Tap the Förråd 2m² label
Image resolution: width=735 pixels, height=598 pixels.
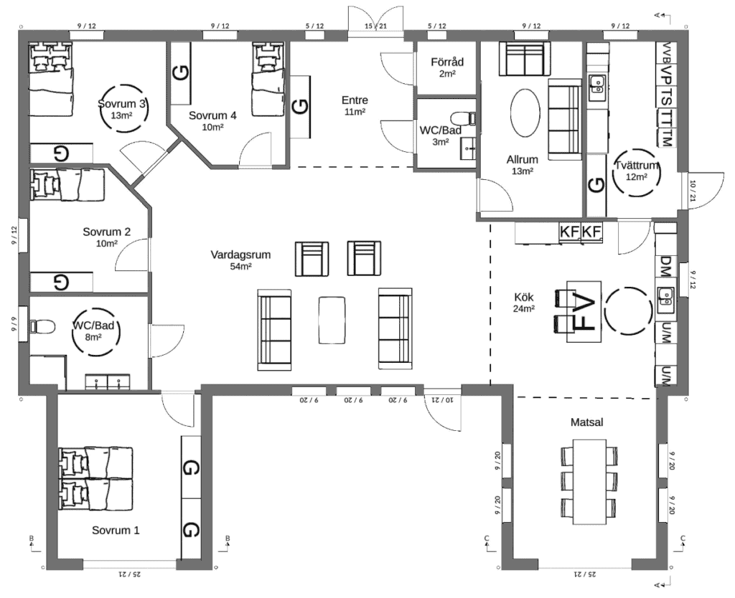447,67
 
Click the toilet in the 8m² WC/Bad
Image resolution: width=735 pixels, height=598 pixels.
42,326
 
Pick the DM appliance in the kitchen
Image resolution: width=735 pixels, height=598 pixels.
665,266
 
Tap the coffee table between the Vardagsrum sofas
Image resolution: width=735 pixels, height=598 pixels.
332,320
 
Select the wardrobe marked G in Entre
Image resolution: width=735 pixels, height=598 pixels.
301,106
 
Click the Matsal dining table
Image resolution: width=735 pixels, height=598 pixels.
589,482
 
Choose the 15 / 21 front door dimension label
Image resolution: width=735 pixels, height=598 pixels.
375,27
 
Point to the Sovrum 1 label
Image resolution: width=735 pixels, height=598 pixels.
116,530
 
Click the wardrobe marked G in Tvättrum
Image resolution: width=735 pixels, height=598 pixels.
596,186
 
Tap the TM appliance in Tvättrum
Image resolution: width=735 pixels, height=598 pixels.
667,138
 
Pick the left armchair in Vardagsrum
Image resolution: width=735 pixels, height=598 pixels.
312,259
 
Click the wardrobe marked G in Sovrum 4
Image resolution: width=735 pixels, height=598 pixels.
181,73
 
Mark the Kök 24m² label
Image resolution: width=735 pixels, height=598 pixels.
524,302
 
